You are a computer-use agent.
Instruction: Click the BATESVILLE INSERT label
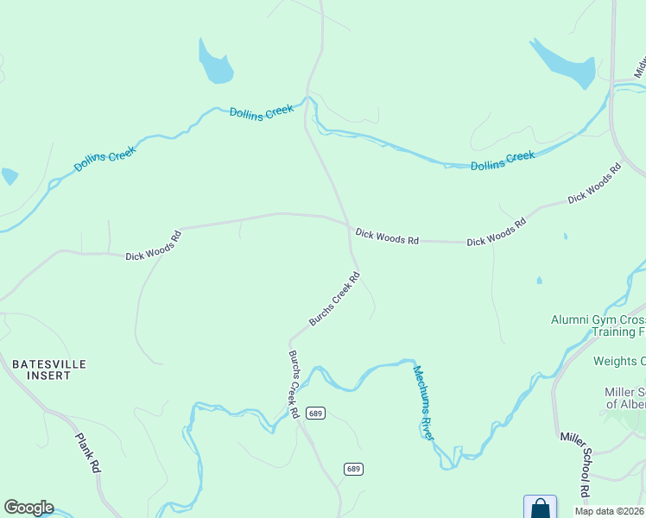(x=49, y=370)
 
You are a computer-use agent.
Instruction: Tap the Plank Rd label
(x=88, y=453)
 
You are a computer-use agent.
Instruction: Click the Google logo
(x=28, y=508)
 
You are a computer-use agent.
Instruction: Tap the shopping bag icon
(x=540, y=508)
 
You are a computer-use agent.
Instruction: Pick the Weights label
(x=618, y=361)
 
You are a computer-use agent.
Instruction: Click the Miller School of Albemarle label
(x=624, y=398)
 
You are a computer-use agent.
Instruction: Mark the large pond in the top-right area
(x=563, y=63)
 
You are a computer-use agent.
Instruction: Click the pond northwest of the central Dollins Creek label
(x=215, y=63)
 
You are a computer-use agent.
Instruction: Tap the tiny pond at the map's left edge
(x=9, y=176)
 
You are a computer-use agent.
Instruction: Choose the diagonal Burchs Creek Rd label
(x=334, y=300)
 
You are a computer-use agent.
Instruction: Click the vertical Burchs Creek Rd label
(x=294, y=384)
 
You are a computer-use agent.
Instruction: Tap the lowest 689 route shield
(x=352, y=469)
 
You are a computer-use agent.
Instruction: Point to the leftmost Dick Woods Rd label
(x=153, y=245)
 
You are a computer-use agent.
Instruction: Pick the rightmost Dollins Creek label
(x=503, y=161)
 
